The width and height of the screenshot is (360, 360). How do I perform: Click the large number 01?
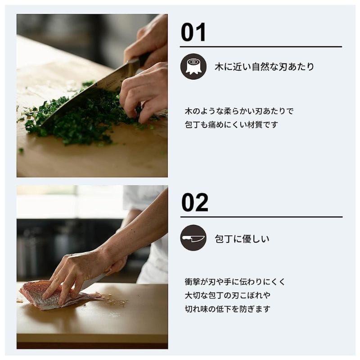pyautogui.click(x=193, y=32)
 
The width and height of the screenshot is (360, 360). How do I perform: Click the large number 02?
pyautogui.click(x=195, y=202)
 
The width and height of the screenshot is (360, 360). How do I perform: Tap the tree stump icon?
pyautogui.click(x=193, y=67)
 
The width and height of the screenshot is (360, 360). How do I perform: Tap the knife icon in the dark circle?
pyautogui.click(x=193, y=238)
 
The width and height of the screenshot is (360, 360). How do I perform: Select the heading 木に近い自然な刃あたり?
pyautogui.click(x=264, y=67)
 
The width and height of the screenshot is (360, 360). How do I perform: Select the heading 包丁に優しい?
pyautogui.click(x=242, y=239)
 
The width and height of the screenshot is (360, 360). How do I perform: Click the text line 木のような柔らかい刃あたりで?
pyautogui.click(x=239, y=111)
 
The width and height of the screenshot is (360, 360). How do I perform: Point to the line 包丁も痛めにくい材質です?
pyautogui.click(x=231, y=125)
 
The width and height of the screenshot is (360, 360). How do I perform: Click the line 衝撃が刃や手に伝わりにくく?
pyautogui.click(x=235, y=282)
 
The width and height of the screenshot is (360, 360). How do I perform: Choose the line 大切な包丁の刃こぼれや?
pyautogui.click(x=228, y=296)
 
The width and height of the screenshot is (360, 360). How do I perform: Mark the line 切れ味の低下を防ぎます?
pyautogui.click(x=228, y=309)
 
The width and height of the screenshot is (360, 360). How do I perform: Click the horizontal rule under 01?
pyautogui.click(x=261, y=47)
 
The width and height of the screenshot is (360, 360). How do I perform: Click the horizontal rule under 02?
pyautogui.click(x=261, y=217)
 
